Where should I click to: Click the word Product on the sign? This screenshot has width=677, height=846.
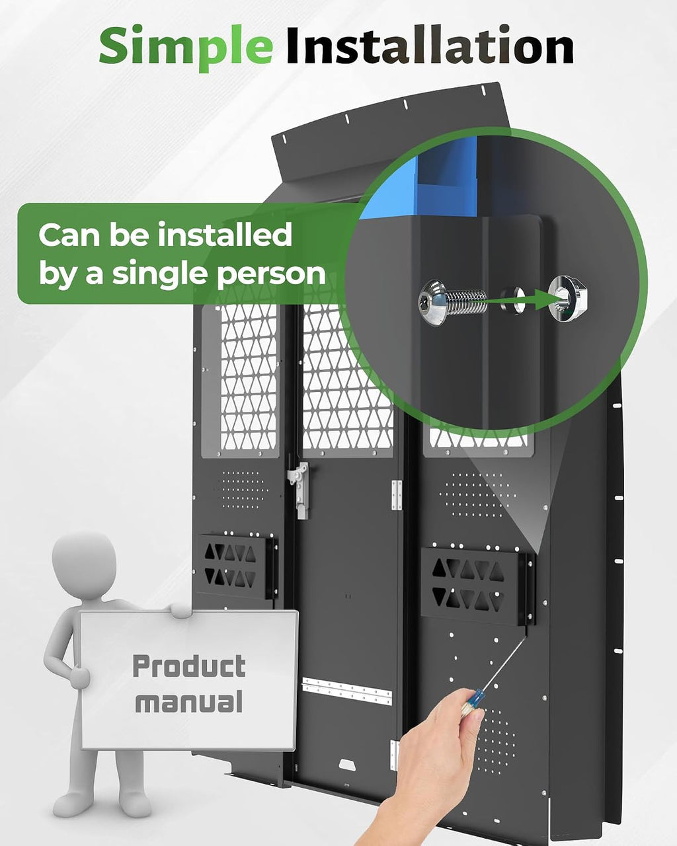(x=189, y=666)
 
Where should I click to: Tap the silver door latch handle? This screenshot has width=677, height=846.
(x=299, y=490)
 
